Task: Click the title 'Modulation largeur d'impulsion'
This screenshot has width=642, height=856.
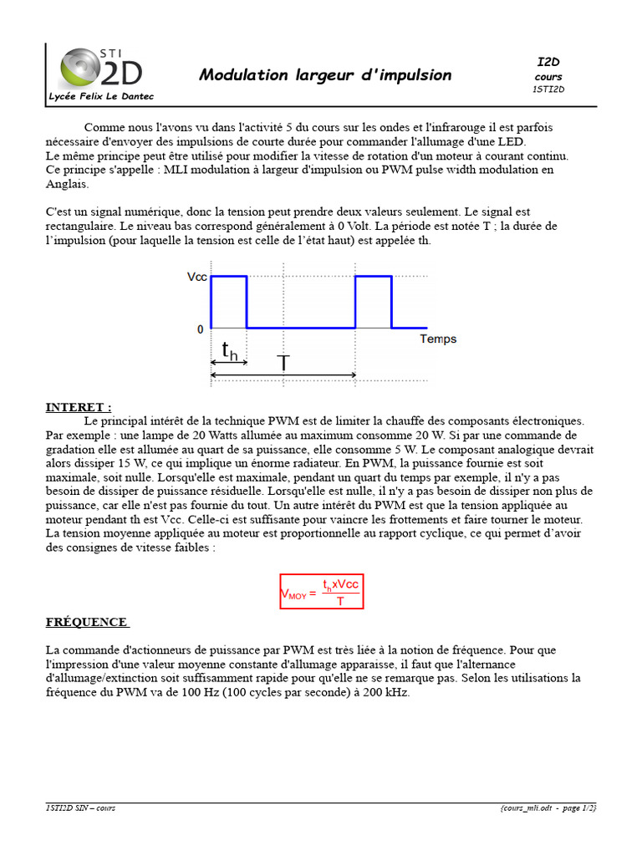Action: coord(324,75)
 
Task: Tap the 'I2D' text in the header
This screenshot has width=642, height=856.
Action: coord(548,63)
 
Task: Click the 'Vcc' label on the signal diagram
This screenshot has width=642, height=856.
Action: coord(196,277)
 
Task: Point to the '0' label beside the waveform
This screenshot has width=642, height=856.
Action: coord(200,329)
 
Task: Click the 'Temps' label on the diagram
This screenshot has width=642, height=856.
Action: coord(437,339)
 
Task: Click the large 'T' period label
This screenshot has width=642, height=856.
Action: coord(283,363)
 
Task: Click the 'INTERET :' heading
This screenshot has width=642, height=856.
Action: coord(78,407)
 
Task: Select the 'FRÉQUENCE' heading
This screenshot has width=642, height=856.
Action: coord(87,622)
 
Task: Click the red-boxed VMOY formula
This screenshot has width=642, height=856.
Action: coord(321,592)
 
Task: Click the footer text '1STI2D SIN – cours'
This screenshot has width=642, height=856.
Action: coord(82,808)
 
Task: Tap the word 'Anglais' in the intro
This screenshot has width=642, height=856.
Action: coord(66,184)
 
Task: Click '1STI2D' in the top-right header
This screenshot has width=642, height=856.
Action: coord(548,89)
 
